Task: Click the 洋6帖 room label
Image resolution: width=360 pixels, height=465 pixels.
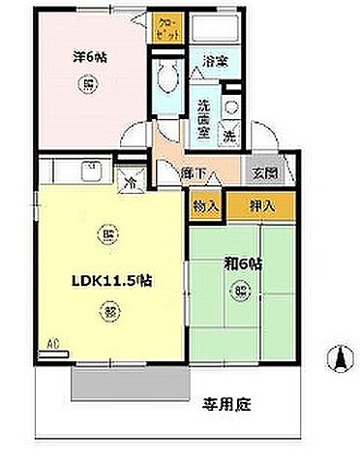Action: [x=86, y=56]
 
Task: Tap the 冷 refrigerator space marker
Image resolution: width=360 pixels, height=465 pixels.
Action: [x=129, y=179]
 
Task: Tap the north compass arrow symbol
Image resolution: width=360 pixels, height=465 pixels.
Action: [x=340, y=359]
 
